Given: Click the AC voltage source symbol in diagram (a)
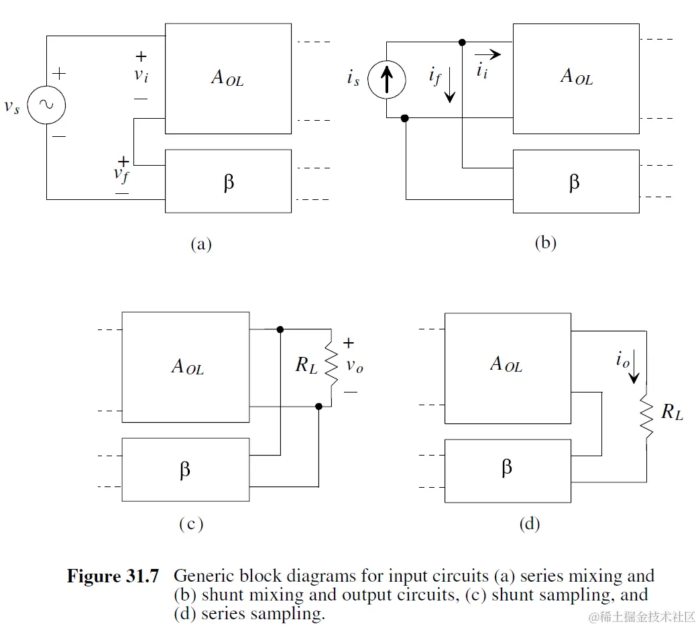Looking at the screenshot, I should click(47, 104).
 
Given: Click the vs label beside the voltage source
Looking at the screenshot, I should click(12, 107).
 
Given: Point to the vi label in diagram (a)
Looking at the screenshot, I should click(141, 74).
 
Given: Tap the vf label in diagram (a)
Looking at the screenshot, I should click(121, 174).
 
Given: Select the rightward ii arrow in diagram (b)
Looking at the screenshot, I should click(486, 54).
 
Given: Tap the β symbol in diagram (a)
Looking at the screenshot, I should click(229, 182).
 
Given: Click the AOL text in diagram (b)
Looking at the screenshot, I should click(576, 76).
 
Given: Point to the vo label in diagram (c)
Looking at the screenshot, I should click(355, 366).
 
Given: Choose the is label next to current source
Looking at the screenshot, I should click(353, 79).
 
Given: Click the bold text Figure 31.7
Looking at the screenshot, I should click(113, 576).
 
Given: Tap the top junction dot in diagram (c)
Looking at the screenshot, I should click(280, 329).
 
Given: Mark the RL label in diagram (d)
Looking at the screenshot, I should click(672, 412).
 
